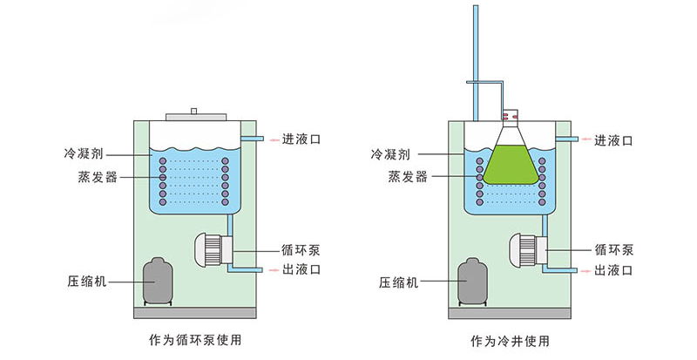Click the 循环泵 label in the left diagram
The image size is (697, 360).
pos(301,248)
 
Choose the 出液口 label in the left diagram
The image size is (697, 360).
pos(301,270)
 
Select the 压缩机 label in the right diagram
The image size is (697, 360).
pos(400,283)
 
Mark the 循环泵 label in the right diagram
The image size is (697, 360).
pos(615,248)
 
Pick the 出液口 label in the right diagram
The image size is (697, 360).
pos(615,270)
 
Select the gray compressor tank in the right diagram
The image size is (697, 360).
pos(472,282)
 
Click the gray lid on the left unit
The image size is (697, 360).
pos(193,114)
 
